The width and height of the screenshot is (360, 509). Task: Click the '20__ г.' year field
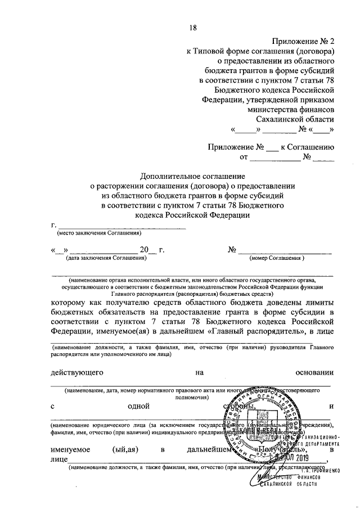pyautogui.click(x=151, y=249)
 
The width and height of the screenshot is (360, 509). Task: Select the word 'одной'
pyautogui.click(x=138, y=406)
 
